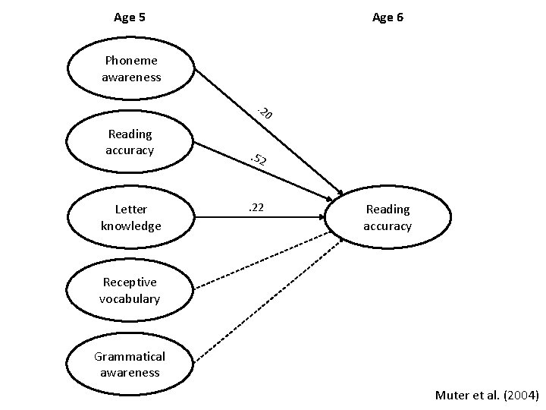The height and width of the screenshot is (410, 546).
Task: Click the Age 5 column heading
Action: pyautogui.click(x=130, y=17)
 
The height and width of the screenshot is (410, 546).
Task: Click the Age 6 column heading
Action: pyautogui.click(x=388, y=17)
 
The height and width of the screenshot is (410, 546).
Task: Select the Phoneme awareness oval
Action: pyautogui.click(x=130, y=68)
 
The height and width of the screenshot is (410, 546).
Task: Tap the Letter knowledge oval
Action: pyautogui.click(x=130, y=217)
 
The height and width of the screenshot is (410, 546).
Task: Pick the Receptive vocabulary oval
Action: pyautogui.click(x=130, y=291)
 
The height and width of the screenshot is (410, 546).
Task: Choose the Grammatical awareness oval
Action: pyautogui.click(x=130, y=364)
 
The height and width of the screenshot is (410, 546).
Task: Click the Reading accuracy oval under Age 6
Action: pyautogui.click(x=387, y=217)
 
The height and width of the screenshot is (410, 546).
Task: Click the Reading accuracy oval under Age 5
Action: pyautogui.click(x=130, y=142)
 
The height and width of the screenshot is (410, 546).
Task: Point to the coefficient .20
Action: pyautogui.click(x=265, y=114)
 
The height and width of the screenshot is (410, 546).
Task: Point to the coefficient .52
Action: pyautogui.click(x=259, y=159)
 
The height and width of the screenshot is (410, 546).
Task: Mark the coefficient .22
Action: pyautogui.click(x=256, y=207)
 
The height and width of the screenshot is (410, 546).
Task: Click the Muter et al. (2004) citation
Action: pyautogui.click(x=486, y=395)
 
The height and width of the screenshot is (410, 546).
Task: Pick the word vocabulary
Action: pyautogui.click(x=130, y=298)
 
